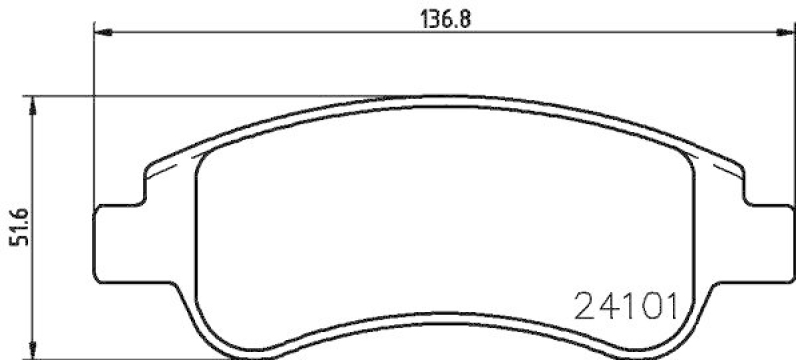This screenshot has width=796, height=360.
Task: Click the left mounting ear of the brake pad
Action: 113,245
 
